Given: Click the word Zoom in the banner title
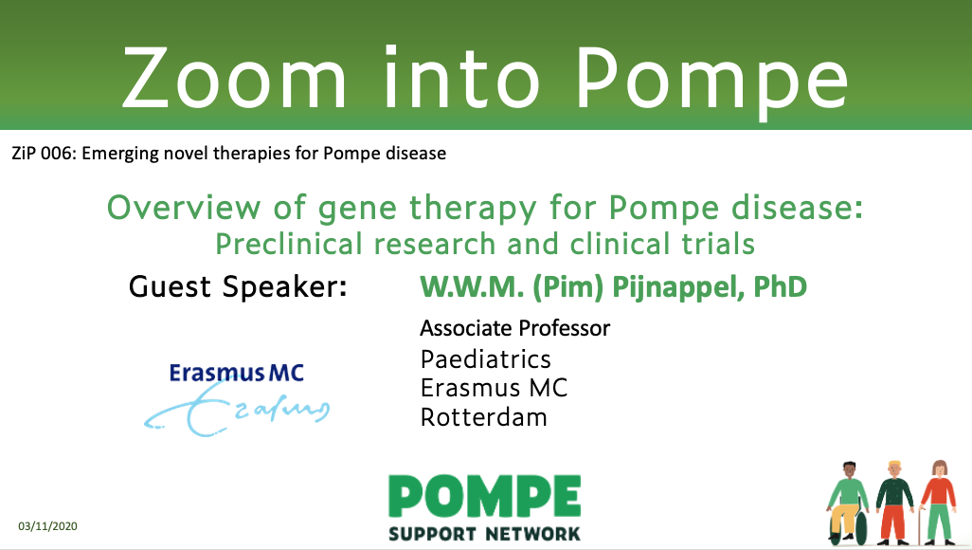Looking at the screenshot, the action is [234, 78].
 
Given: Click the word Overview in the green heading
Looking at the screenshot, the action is [184, 208].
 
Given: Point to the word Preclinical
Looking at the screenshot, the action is [288, 244].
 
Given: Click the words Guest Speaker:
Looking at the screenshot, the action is [238, 286].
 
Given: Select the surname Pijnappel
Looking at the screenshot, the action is [678, 287].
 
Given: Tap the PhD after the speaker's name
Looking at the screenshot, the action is [780, 286].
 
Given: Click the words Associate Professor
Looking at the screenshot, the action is [515, 328].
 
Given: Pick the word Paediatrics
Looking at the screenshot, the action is [485, 359].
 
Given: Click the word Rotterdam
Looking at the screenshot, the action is [483, 417].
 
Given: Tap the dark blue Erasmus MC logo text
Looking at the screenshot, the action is [237, 373].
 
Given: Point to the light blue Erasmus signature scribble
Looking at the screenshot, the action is [237, 409].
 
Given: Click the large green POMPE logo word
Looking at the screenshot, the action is [484, 496].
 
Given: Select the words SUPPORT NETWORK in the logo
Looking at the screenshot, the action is [484, 534].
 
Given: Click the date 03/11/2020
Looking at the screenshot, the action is [47, 526].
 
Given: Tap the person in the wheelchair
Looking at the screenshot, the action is [848, 503].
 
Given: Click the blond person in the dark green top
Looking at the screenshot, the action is [894, 503].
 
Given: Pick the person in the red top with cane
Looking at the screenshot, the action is [937, 503].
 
